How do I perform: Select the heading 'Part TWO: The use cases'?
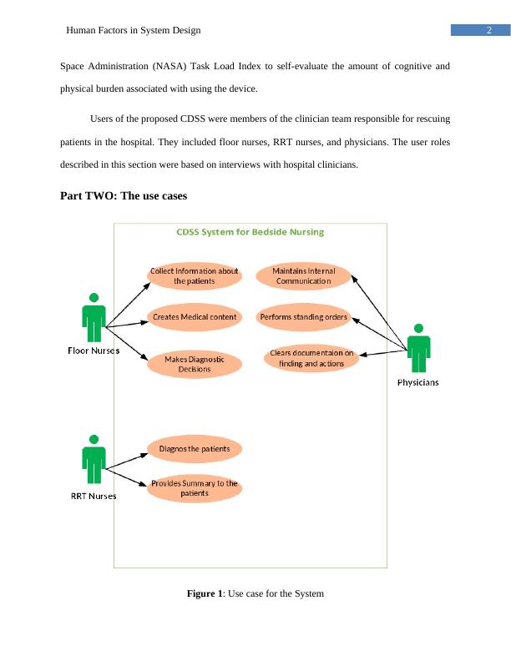click(124, 196)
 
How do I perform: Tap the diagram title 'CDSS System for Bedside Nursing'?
click(250, 232)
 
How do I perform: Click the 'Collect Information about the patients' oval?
click(195, 276)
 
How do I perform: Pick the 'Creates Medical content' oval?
click(195, 317)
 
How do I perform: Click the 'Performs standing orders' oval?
click(304, 317)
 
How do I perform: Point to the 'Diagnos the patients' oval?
click(195, 449)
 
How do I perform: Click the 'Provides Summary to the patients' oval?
click(195, 488)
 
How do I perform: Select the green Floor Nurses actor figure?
click(94, 318)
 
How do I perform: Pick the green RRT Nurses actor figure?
click(94, 460)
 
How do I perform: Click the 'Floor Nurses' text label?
click(94, 351)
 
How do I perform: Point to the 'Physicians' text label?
click(417, 383)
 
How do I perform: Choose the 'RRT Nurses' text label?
click(93, 496)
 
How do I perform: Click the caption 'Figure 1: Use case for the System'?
click(255, 593)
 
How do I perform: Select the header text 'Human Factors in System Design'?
click(134, 31)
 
